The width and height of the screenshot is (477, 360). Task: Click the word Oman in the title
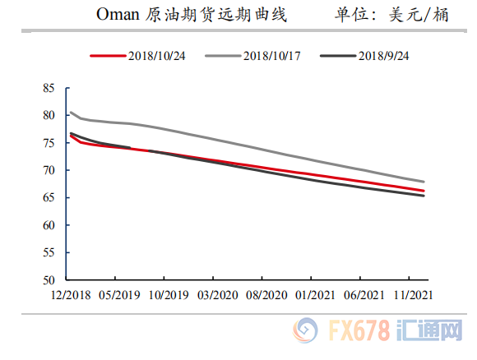pyautogui.click(x=118, y=15)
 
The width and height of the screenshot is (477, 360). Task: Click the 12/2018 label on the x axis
pyautogui.click(x=70, y=294)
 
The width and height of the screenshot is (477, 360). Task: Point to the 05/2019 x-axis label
pyautogui.click(x=120, y=294)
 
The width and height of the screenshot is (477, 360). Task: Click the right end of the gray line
pyautogui.click(x=424, y=182)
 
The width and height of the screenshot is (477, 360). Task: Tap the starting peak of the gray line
pyautogui.click(x=70, y=113)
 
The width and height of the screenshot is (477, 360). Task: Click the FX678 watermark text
pyautogui.click(x=363, y=330)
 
